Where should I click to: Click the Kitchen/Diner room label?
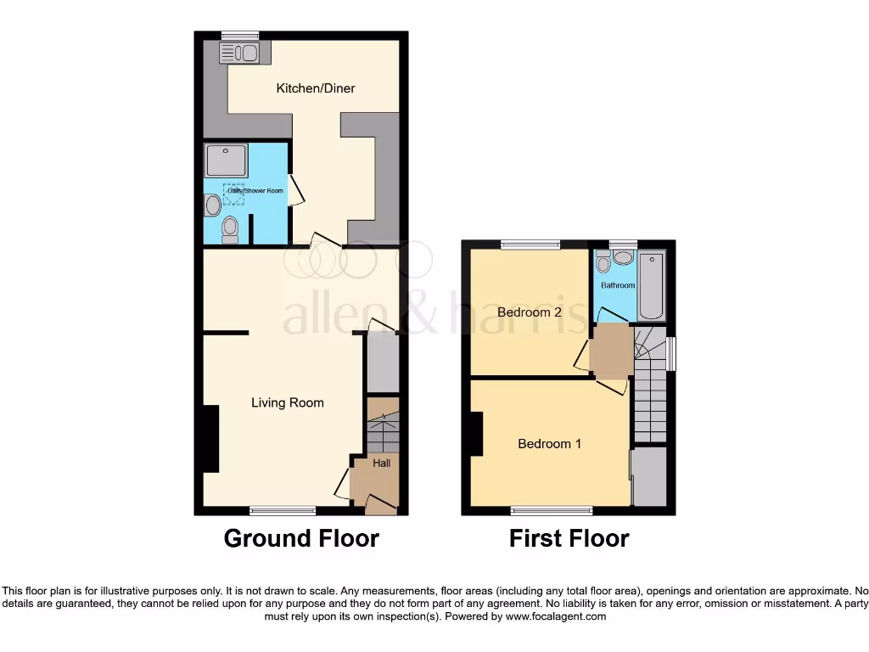click(316, 88)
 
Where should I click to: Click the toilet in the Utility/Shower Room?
click(229, 228)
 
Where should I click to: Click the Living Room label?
click(287, 402)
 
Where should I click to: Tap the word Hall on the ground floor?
click(382, 464)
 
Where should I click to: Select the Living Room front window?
click(283, 511)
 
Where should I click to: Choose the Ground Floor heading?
click(301, 538)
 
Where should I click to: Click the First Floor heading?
click(569, 538)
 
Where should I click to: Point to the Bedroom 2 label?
click(530, 312)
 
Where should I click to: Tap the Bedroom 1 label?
click(549, 444)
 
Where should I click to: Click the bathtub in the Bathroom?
click(653, 284)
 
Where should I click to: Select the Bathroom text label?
click(618, 285)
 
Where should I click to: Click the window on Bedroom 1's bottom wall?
click(552, 511)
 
